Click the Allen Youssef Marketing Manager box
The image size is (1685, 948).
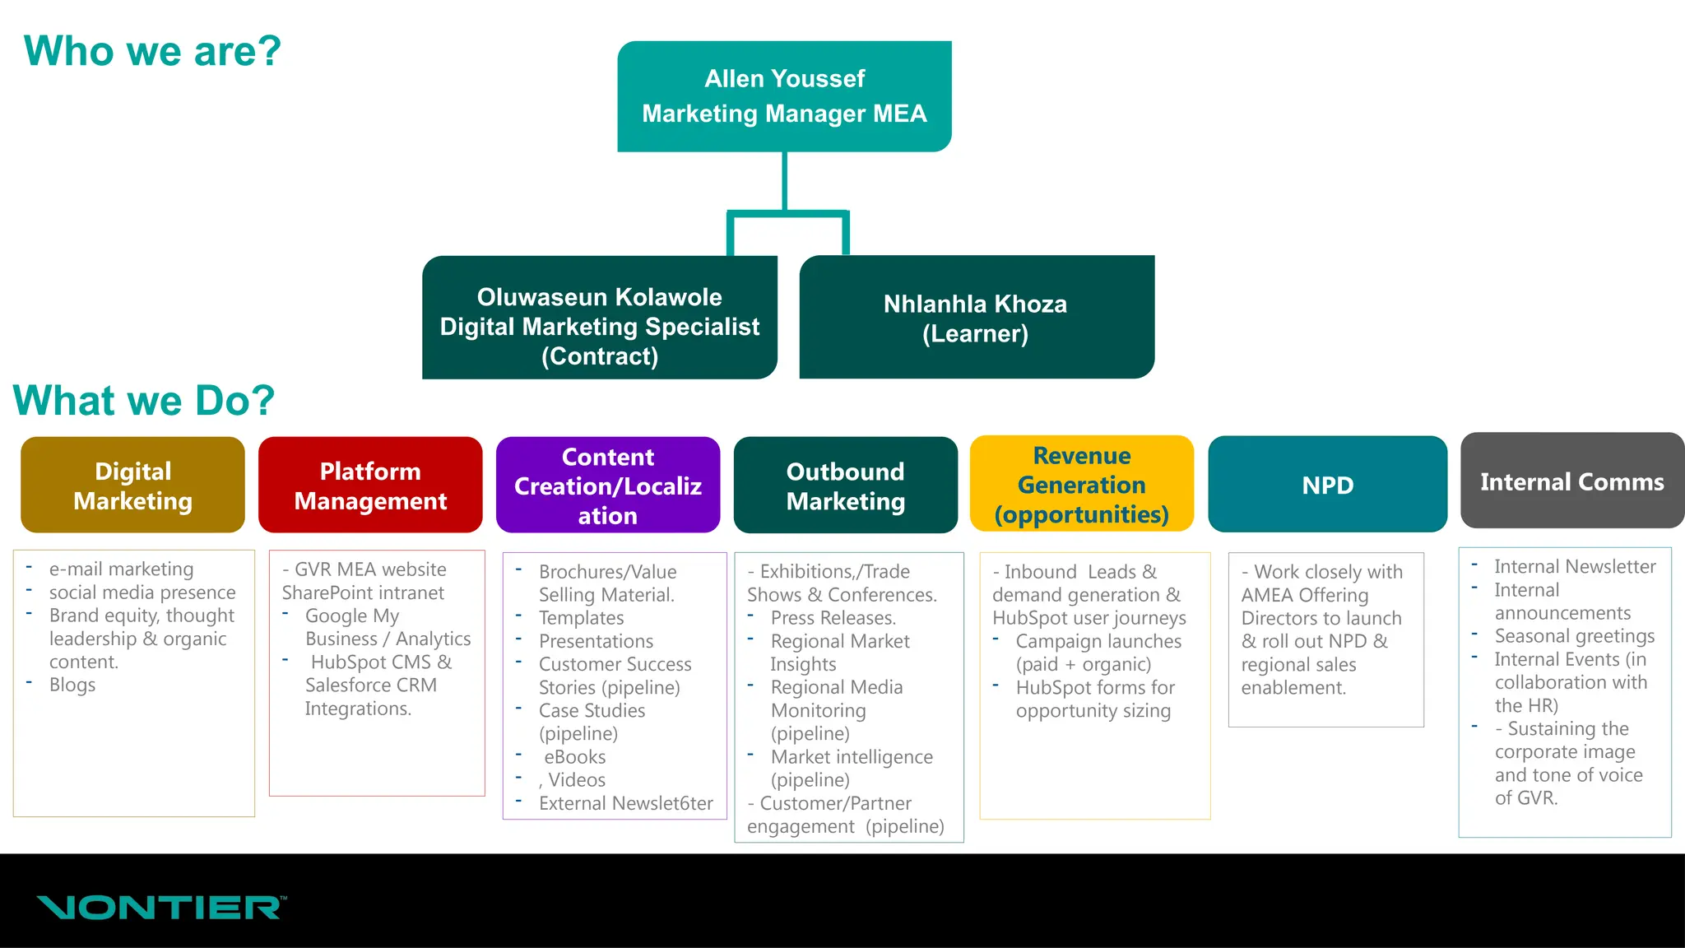[784, 96]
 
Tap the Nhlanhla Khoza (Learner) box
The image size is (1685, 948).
[976, 318]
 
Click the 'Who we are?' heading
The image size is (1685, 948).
[153, 51]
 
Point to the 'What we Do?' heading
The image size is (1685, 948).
[144, 401]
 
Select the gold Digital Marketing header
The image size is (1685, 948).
[132, 486]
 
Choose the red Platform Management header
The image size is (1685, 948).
[370, 486]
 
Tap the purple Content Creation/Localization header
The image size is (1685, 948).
[607, 486]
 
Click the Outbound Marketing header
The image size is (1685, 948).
[845, 486]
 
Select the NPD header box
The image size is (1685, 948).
[1327, 485]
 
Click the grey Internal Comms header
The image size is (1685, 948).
[1571, 481]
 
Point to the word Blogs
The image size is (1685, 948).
[72, 685]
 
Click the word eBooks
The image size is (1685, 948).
[574, 757]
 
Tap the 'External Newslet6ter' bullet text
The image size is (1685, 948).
[625, 803]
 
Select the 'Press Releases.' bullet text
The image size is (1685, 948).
[833, 618]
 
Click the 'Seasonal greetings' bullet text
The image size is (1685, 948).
[1574, 636]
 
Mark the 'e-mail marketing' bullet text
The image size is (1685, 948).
[121, 569]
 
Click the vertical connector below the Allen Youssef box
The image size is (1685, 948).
[784, 181]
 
